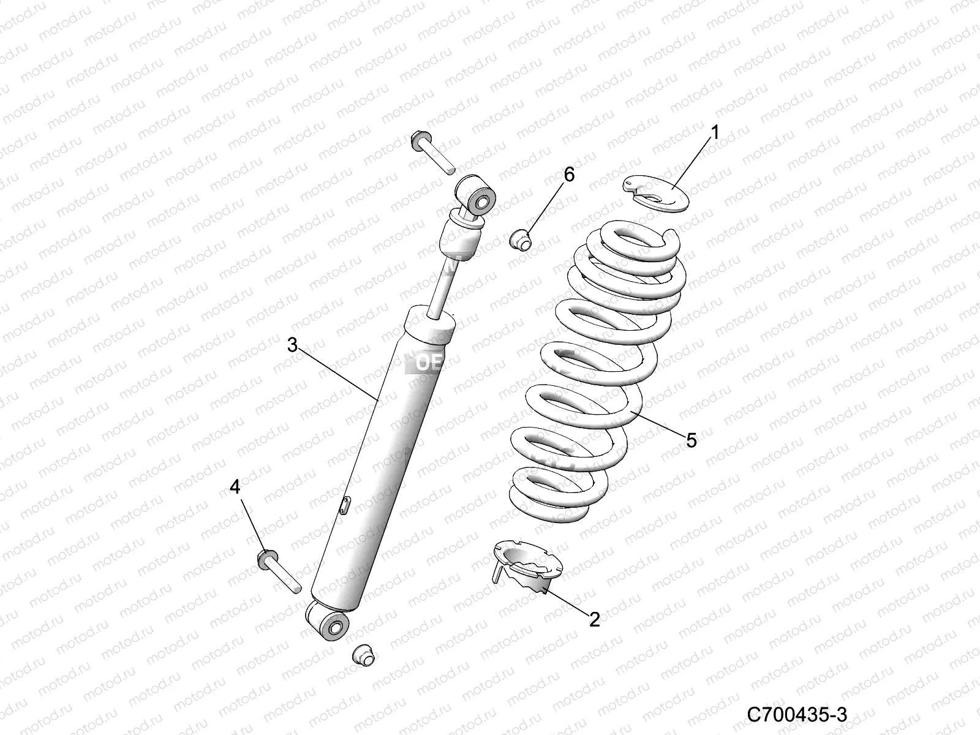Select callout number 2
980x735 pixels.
tap(594, 619)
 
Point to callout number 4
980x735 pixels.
tap(235, 488)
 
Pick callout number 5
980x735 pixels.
tap(691, 439)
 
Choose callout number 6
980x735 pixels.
tap(569, 175)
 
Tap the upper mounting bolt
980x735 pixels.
tap(431, 151)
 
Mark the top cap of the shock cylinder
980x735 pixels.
tap(430, 323)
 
